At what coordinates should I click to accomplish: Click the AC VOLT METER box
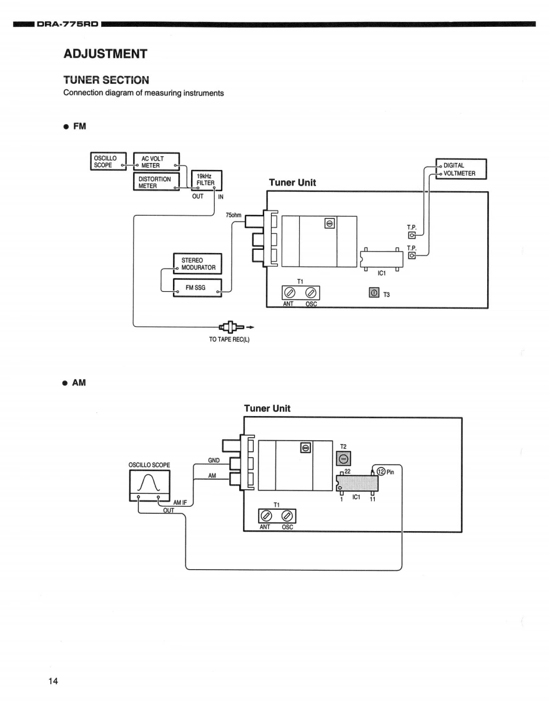tap(157, 162)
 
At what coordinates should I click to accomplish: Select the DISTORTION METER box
tap(156, 182)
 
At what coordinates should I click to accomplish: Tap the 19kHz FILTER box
tap(207, 180)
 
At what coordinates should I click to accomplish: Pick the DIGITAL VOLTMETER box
tap(461, 169)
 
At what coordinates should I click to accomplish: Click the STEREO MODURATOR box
tap(197, 264)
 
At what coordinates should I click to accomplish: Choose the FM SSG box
tap(197, 288)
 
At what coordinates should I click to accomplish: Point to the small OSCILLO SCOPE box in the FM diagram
tap(108, 161)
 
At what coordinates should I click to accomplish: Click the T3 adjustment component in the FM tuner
tap(373, 293)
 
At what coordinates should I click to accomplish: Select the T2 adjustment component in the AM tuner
tap(344, 459)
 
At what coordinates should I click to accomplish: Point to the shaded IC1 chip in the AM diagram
tap(357, 484)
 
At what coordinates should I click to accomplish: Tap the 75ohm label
tap(234, 215)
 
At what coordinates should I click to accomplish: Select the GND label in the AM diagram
tap(214, 460)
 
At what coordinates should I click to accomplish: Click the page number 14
tap(53, 681)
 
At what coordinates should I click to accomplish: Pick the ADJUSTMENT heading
tap(106, 54)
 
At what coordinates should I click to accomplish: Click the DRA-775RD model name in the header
tap(67, 24)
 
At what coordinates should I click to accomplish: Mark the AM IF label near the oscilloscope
tap(180, 502)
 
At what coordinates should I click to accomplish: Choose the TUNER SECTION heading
tap(106, 80)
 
